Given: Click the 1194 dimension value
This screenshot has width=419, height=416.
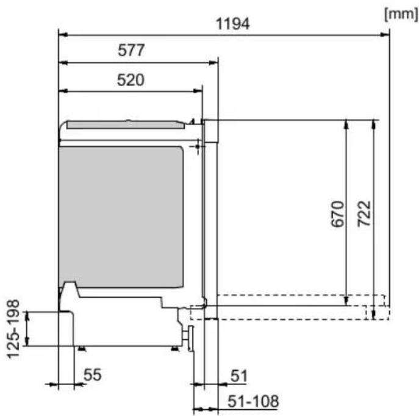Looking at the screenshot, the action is tap(232, 24).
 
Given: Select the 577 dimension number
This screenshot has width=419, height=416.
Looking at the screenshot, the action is tap(131, 50).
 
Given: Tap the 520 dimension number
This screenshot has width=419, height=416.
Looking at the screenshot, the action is tap(131, 80).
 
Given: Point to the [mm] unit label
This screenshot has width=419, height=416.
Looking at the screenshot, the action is tap(401, 14).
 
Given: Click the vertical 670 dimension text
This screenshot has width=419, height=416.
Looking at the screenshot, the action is tap(337, 214).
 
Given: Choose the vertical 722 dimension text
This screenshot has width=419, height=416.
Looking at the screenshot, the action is tap(365, 213).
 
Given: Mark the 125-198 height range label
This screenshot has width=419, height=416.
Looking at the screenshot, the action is tap(13, 329).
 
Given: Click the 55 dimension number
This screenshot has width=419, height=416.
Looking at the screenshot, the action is tap(93, 375).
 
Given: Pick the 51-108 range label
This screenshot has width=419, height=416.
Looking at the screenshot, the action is tap(253, 401).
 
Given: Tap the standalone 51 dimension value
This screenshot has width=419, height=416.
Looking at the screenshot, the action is tap(239, 376).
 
